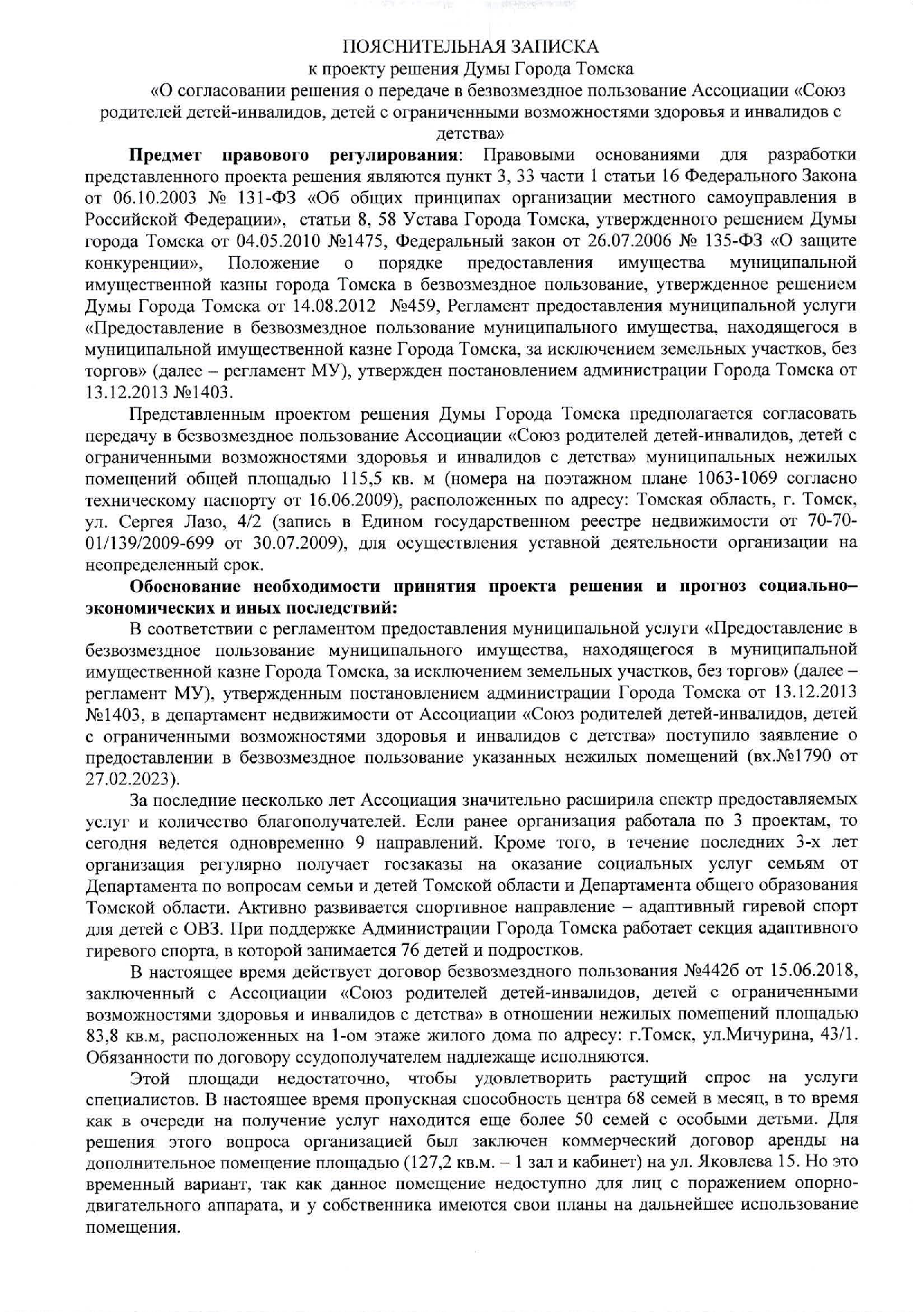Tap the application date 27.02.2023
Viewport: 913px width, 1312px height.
pyautogui.click(x=131, y=779)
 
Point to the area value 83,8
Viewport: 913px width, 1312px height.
pyautogui.click(x=103, y=1037)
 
